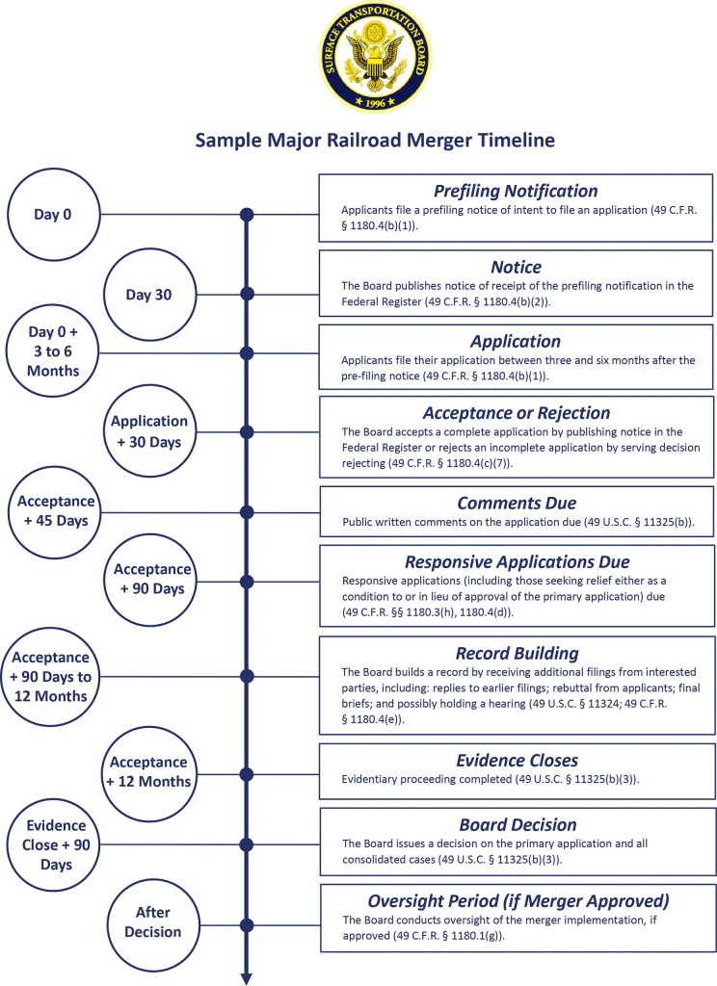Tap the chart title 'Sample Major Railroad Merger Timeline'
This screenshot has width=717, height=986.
point(375,141)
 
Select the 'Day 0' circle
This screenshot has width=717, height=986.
point(54,214)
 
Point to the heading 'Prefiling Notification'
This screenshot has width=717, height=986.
point(516,191)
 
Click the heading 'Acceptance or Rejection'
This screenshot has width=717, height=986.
point(516,412)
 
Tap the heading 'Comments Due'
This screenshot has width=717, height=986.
point(516,503)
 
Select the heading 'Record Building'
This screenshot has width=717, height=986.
point(516,652)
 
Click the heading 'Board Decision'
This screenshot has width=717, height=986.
point(516,824)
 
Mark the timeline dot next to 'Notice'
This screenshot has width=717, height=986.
point(247,293)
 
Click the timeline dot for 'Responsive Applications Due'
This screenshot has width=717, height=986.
point(247,582)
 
